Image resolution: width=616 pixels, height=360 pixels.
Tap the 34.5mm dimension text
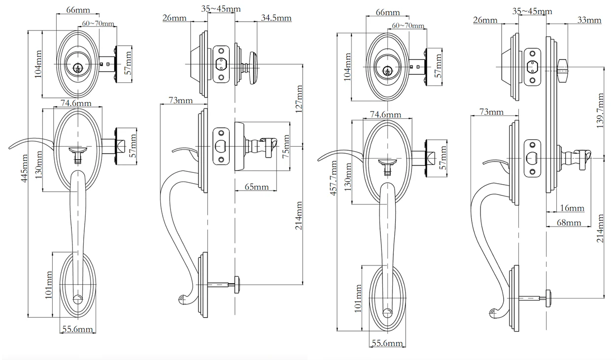(276, 18)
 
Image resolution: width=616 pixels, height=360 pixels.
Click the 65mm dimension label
(256, 187)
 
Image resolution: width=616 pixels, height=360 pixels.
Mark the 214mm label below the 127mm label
(299, 217)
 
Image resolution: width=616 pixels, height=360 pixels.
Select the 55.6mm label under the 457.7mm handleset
(387, 343)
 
